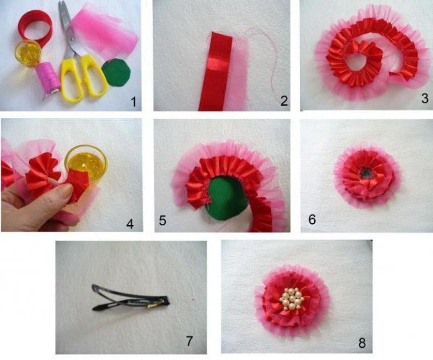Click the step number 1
133,101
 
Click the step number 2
283,101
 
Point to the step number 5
163,221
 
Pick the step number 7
189,341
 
